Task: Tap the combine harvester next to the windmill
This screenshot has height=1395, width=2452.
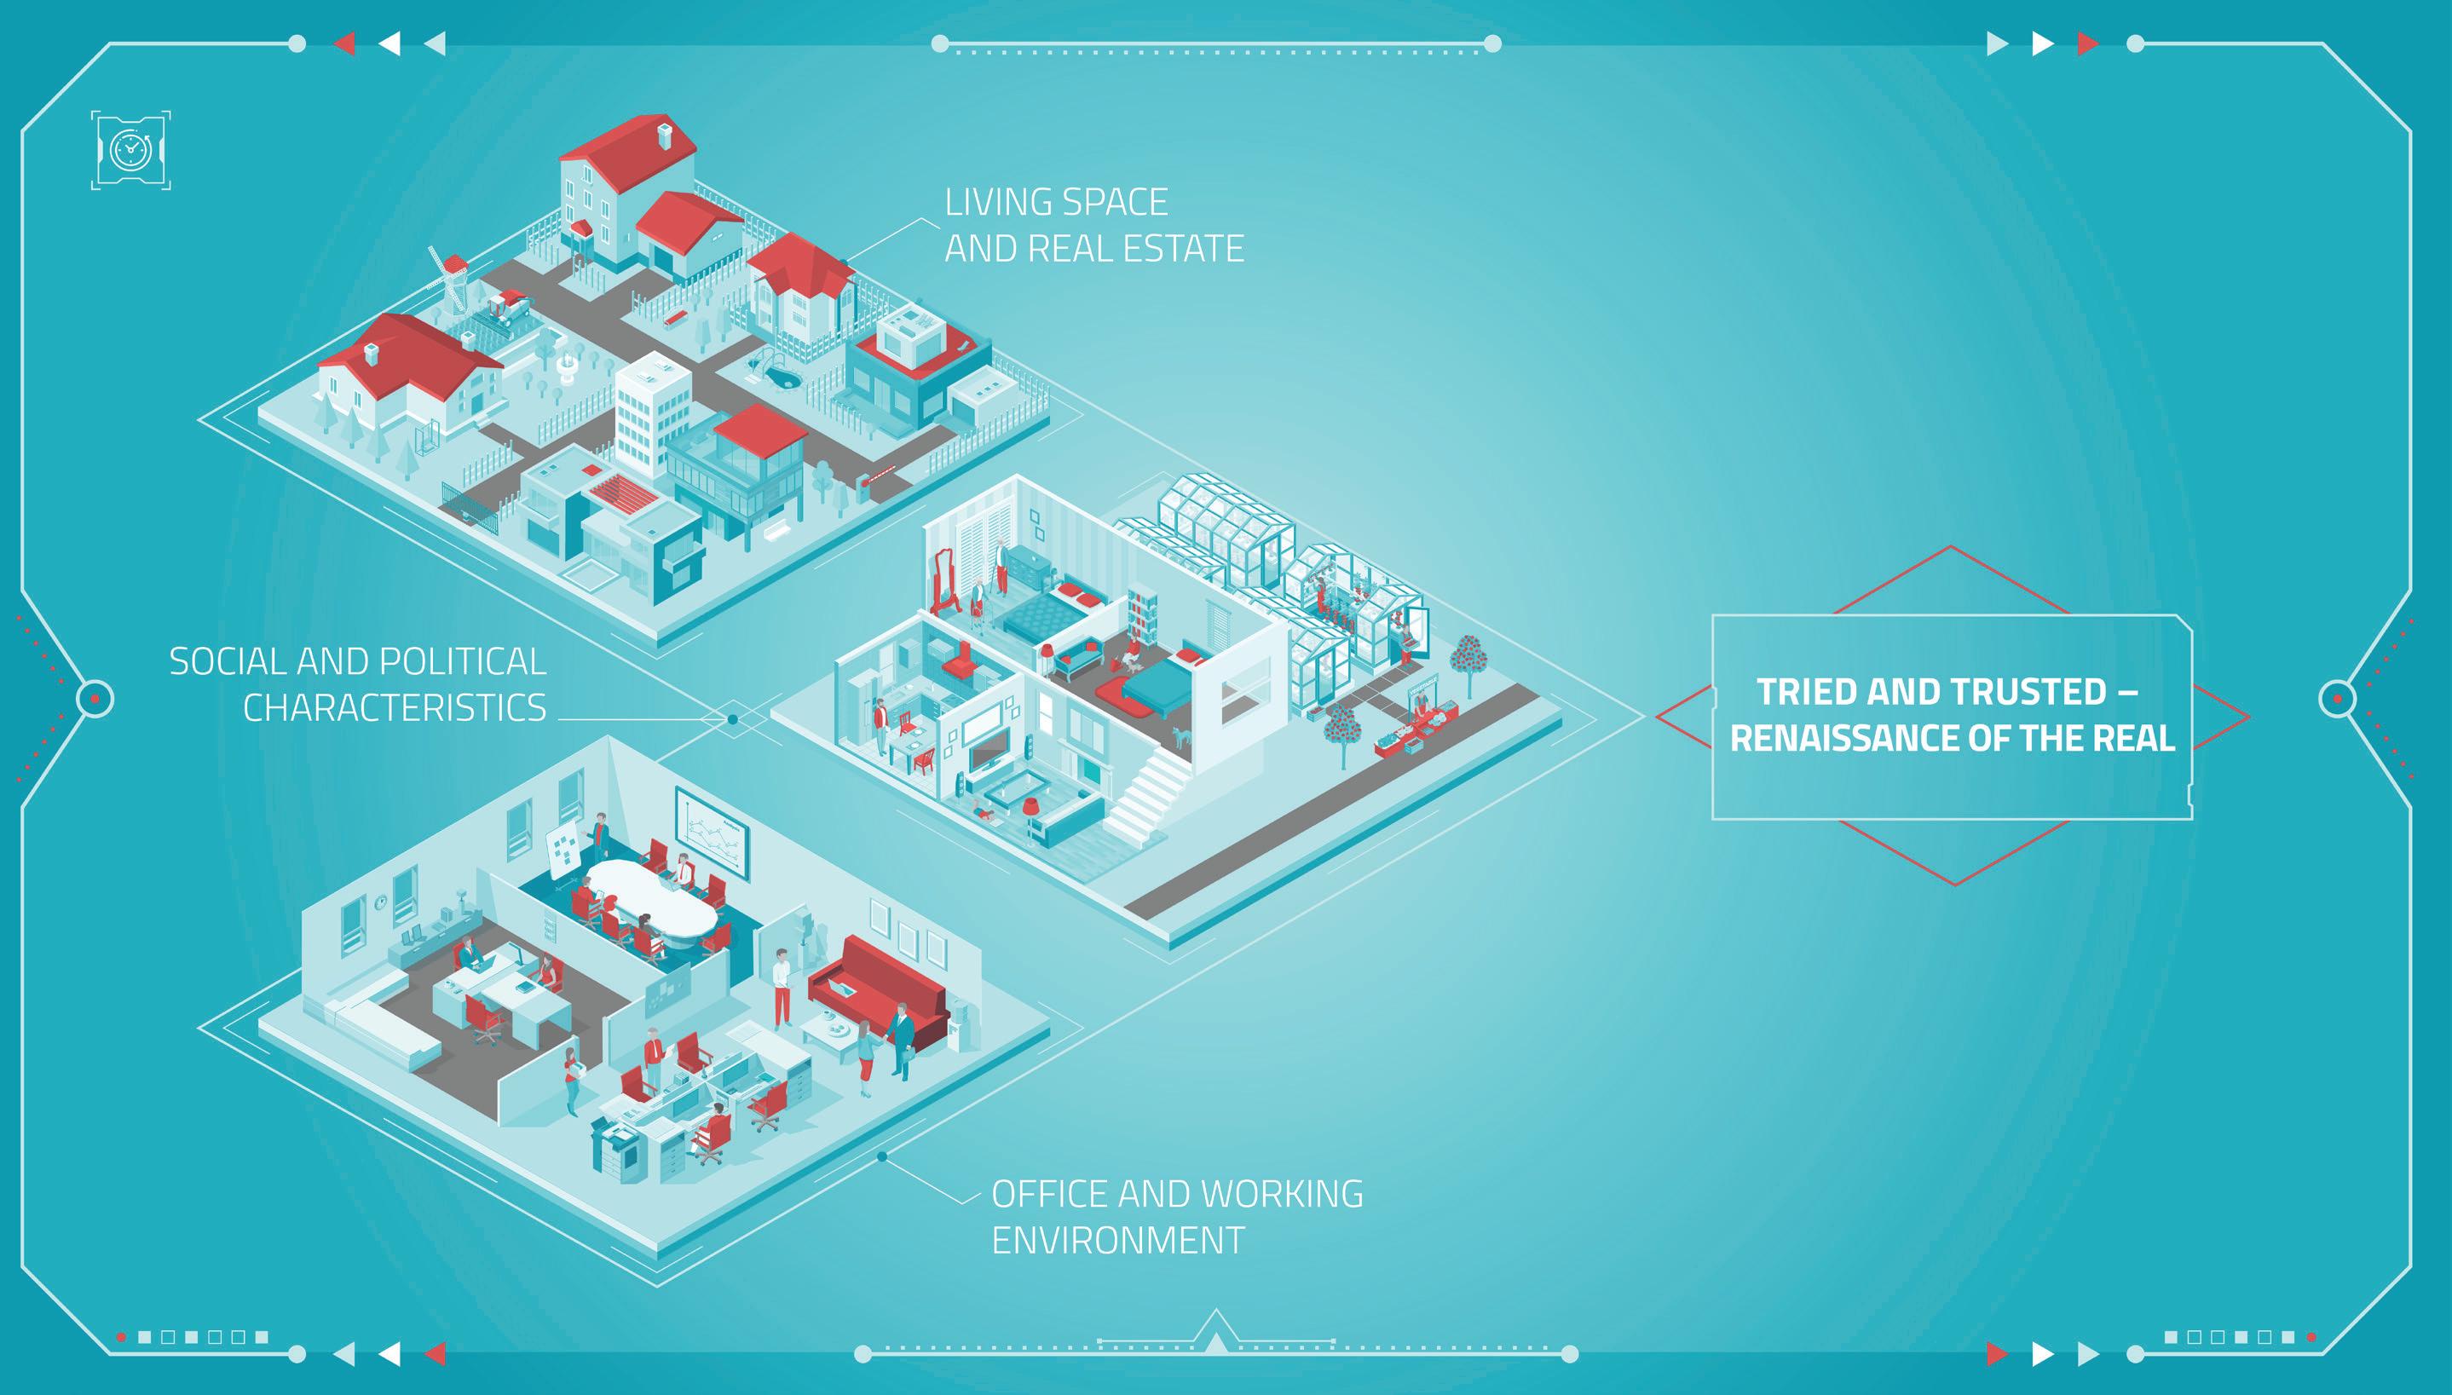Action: (508, 308)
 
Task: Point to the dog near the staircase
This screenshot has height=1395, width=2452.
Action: (1181, 735)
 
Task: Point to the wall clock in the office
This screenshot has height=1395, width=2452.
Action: (380, 901)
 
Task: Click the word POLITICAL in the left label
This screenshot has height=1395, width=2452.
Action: (463, 661)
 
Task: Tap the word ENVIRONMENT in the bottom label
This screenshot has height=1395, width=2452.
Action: (1117, 1241)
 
